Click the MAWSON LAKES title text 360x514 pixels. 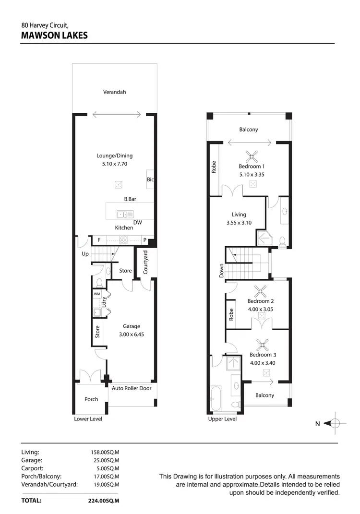[54, 35]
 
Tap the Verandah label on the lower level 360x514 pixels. [114, 92]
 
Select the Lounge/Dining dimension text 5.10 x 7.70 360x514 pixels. [114, 164]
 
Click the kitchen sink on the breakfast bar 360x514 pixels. [121, 214]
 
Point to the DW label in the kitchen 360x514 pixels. [137, 222]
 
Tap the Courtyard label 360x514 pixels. [145, 263]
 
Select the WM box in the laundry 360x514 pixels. [97, 294]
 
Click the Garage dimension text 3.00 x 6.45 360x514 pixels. [131, 335]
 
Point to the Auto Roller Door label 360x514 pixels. [132, 388]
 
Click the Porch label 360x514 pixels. [91, 399]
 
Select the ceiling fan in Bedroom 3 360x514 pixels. [263, 344]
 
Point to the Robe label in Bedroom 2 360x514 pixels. [231, 314]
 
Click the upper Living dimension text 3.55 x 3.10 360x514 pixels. [239, 223]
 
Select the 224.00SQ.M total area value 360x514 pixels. [105, 500]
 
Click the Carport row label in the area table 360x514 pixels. [33, 468]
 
